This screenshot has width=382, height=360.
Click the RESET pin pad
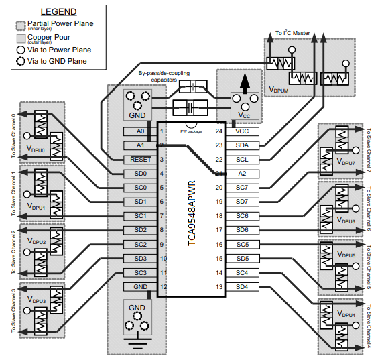coord(139,160)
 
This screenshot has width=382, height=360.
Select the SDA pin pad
coord(242,145)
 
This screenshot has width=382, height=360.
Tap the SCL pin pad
coord(242,160)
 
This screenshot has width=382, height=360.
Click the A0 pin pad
coord(139,131)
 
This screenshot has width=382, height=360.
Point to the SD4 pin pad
coord(242,286)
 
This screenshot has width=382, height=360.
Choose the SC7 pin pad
coord(242,188)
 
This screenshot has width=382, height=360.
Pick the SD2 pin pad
coord(139,230)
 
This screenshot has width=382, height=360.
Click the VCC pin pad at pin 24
coord(242,131)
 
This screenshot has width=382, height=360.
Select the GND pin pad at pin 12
coord(139,286)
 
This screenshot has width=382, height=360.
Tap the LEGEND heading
coord(58,12)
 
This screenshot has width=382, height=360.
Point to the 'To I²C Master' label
coord(294,33)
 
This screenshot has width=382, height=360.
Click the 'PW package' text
coord(191,131)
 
